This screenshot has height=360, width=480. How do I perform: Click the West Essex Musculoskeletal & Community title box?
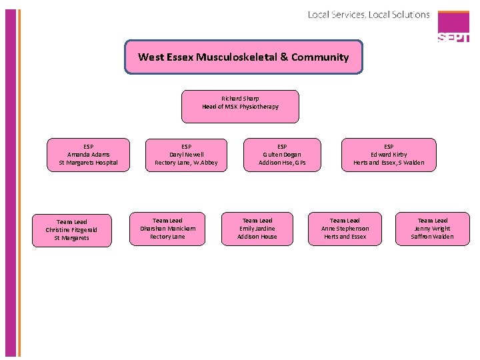tap(243, 57)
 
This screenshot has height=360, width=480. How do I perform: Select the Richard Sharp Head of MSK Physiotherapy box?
tap(240, 107)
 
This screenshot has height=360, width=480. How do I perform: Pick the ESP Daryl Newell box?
tap(186, 155)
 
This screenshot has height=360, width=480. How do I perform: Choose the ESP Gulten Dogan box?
tap(282, 155)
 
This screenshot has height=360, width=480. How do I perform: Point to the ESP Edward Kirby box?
tap(389, 155)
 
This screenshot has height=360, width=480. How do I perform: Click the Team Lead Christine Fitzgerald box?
tap(71, 229)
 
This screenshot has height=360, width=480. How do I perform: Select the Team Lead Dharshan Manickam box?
tap(167, 229)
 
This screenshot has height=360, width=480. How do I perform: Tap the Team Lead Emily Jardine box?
tap(257, 229)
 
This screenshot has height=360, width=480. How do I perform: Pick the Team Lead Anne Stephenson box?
tap(345, 229)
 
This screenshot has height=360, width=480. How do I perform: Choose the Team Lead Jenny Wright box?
tap(433, 229)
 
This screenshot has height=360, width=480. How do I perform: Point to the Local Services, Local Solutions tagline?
tap(369, 14)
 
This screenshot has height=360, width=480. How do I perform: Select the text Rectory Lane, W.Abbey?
tap(186, 163)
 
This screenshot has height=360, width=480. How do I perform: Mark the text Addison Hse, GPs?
tap(282, 163)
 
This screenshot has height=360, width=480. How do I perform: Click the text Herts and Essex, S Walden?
tap(389, 163)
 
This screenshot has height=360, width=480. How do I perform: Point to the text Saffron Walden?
tap(433, 237)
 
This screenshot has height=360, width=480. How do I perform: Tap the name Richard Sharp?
tap(240, 98)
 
